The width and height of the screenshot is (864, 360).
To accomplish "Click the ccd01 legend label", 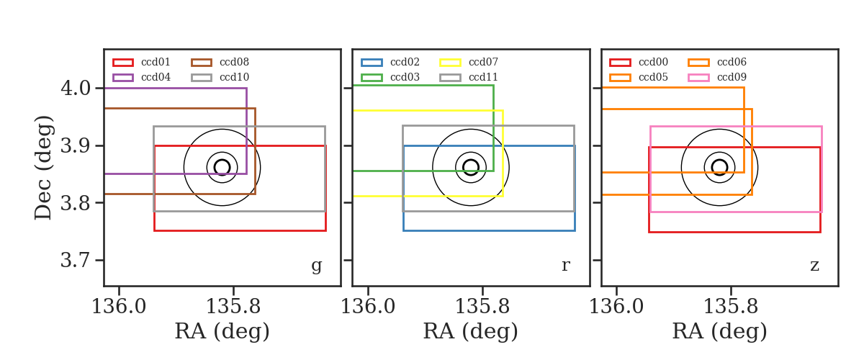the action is click(x=156, y=62).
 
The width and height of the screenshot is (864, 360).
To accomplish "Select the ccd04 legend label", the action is click(x=156, y=77).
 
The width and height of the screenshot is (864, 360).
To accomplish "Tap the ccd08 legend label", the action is click(x=234, y=62).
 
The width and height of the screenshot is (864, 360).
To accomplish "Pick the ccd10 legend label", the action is click(x=234, y=77).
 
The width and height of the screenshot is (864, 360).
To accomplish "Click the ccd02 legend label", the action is click(x=405, y=62).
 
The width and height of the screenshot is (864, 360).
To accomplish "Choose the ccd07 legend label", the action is click(x=483, y=62).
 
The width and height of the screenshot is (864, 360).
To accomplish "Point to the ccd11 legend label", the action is click(x=483, y=77).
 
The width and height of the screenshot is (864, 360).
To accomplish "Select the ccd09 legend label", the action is click(x=732, y=77).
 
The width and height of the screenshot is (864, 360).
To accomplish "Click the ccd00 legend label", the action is click(x=653, y=62).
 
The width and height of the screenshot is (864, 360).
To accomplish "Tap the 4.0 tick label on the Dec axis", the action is click(x=76, y=89).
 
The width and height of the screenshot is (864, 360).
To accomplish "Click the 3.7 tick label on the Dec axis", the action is click(x=76, y=261).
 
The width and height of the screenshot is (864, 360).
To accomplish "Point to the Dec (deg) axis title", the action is click(x=42, y=168).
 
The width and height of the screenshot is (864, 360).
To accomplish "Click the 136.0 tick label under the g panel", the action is click(x=119, y=307).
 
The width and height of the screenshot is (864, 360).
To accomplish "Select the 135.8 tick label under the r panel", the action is click(x=482, y=307).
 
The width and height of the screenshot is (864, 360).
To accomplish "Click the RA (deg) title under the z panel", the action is click(x=719, y=331).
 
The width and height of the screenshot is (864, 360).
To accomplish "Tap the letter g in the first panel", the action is click(x=316, y=266).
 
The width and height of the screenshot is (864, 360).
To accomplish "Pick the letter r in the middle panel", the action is click(x=565, y=265).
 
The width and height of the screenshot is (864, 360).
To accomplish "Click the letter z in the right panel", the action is click(x=814, y=266).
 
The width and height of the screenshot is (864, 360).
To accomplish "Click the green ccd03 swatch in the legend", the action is click(x=372, y=78).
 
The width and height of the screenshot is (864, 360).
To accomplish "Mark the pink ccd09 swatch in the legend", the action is click(x=698, y=78).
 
